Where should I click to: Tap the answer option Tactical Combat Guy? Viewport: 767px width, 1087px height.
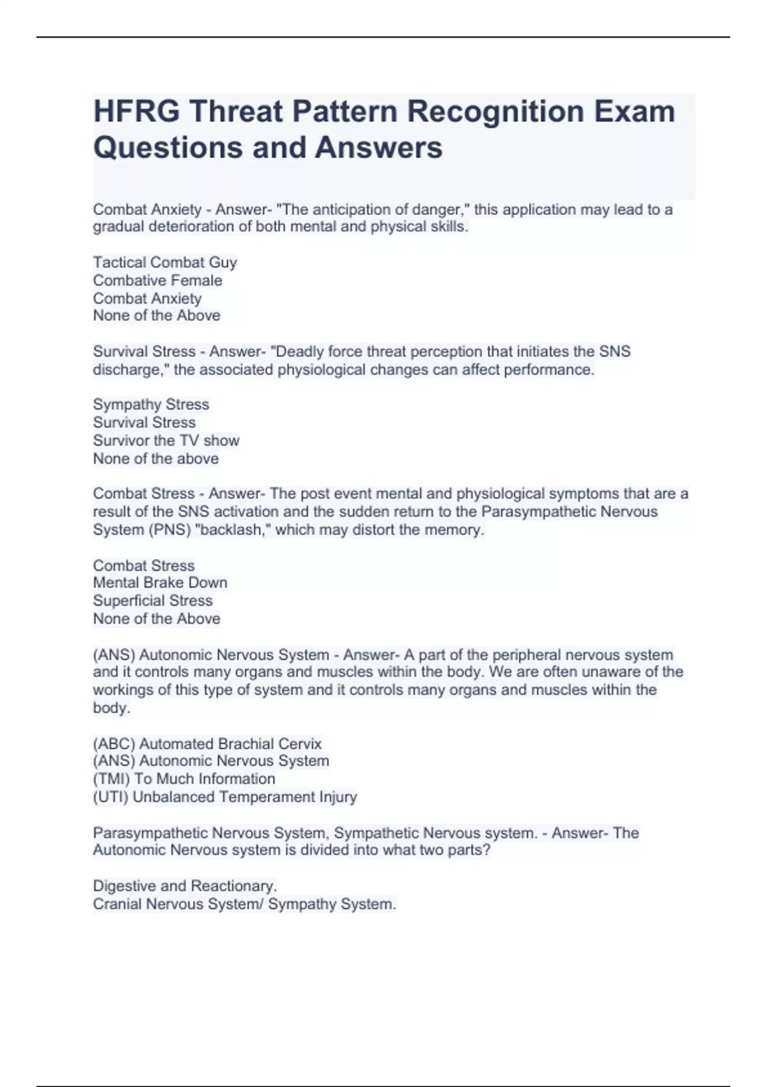pos(165,262)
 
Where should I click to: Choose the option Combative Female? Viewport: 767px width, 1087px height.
pos(157,280)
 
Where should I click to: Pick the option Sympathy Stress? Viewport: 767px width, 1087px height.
pos(151,404)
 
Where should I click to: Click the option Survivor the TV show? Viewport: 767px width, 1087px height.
pos(166,441)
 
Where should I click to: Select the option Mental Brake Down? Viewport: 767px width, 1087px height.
pos(160,583)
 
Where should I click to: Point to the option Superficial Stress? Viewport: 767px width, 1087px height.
pos(153,600)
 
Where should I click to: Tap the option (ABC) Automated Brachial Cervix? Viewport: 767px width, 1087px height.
pos(207,744)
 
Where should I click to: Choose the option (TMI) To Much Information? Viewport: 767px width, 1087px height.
pos(184,779)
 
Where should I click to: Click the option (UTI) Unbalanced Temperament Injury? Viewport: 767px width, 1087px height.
pos(225,797)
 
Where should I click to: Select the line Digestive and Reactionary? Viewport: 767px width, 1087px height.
pos(185,886)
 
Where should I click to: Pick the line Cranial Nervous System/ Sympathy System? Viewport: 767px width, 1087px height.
pos(244,904)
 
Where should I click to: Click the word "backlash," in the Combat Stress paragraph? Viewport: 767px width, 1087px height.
pos(234,529)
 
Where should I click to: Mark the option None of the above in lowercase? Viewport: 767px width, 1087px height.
pos(156,458)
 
